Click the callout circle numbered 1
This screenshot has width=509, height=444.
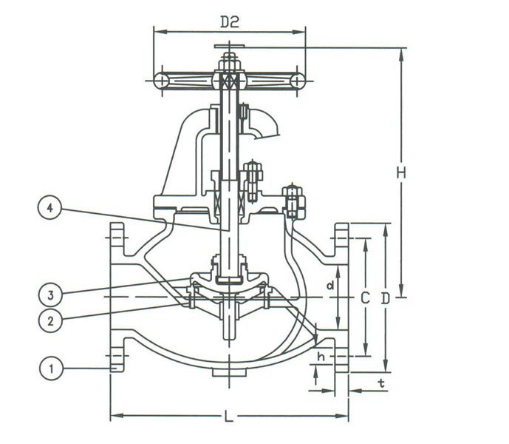coord(50,368)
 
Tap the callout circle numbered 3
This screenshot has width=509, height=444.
coord(50,294)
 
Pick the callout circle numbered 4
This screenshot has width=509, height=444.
coord(50,209)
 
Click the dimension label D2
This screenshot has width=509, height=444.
coord(230,21)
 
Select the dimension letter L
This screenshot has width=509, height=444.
coord(229,417)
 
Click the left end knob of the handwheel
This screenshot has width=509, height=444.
coord(162,81)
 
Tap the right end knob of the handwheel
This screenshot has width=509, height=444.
coord(297,81)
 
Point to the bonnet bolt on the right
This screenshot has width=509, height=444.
coord(293,201)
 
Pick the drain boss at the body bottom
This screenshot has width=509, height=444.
coord(229,370)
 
